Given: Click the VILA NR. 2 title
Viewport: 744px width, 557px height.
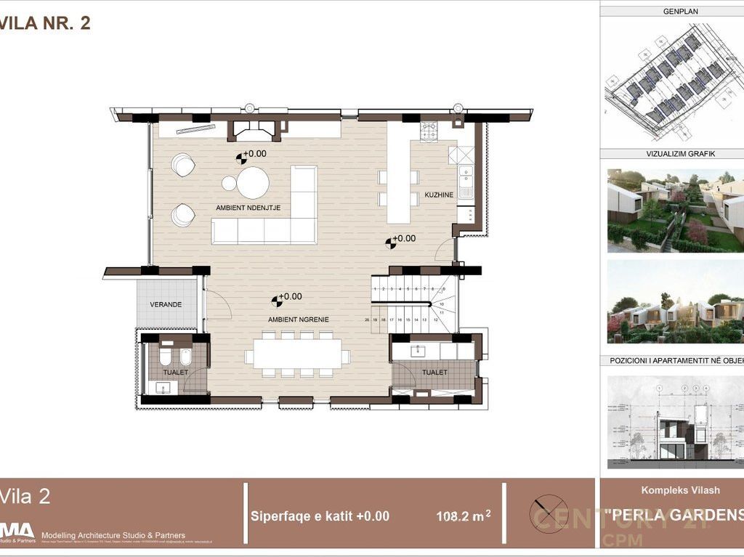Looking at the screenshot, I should [45, 23].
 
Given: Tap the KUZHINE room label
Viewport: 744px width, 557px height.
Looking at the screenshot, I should [440, 195].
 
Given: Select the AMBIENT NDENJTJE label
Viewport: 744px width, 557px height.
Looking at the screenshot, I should [248, 208].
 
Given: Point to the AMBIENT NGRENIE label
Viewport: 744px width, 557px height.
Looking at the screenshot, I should [299, 320].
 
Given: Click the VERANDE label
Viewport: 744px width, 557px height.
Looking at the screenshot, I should [166, 304].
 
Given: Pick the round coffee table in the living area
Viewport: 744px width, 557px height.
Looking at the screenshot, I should [253, 183].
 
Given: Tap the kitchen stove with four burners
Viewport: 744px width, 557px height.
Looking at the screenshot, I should [428, 131].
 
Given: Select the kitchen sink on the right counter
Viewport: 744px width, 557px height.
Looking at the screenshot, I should [465, 176].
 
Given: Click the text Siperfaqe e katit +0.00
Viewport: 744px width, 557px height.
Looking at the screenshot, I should [320, 516].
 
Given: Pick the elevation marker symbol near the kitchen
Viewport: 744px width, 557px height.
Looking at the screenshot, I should [391, 242].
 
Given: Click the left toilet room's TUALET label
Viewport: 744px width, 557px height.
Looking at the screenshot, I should [176, 373].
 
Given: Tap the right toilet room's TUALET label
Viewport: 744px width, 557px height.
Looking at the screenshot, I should [434, 373].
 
